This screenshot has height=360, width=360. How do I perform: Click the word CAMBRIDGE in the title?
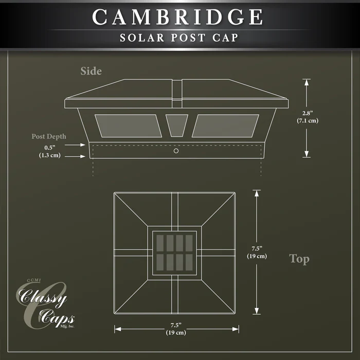tap(177, 17)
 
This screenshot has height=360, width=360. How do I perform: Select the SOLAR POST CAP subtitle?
tap(179, 38)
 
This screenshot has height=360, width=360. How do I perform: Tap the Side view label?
tap(91, 71)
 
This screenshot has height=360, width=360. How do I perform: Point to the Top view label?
tap(299, 259)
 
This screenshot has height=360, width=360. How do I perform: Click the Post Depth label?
tap(49, 136)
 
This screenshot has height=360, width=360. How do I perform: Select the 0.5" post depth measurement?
tap(50, 151)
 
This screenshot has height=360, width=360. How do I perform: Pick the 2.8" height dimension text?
tap(308, 117)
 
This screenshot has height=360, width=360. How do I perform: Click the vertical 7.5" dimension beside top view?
tap(257, 252)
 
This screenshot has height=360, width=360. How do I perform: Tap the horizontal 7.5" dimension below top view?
tap(176, 329)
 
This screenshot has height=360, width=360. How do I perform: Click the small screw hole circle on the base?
tap(176, 151)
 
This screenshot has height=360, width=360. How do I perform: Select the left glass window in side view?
tap(129, 126)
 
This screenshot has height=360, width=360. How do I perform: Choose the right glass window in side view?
tap(225, 126)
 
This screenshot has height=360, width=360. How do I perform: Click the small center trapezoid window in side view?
tap(177, 125)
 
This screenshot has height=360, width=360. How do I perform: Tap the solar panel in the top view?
tap(174, 253)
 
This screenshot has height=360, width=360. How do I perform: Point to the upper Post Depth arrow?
tap(75, 145)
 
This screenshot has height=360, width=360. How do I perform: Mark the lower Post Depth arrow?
tap(75, 156)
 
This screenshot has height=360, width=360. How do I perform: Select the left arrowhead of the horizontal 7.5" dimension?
tap(118, 329)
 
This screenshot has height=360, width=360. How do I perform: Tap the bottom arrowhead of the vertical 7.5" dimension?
tap(257, 311)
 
